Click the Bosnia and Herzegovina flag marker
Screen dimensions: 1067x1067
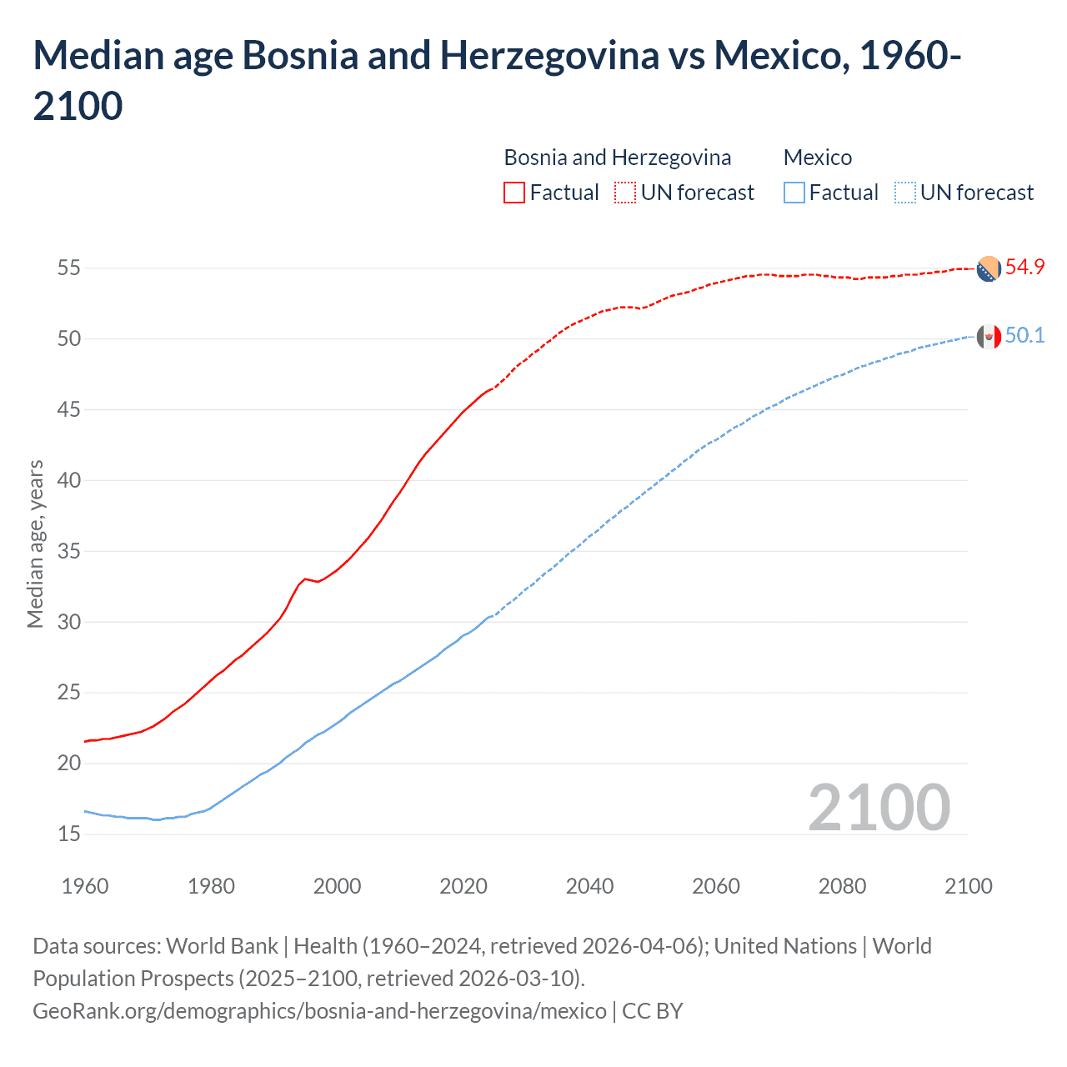click(x=988, y=268)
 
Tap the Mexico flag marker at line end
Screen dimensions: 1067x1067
click(x=988, y=337)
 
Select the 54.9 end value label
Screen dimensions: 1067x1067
click(x=1024, y=268)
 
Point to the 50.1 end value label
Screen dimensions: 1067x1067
click(x=1024, y=336)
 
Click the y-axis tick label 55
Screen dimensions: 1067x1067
click(x=68, y=268)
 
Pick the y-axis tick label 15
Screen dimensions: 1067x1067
click(x=68, y=834)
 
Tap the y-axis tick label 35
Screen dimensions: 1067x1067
click(x=68, y=551)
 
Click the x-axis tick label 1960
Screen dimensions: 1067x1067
click(x=85, y=886)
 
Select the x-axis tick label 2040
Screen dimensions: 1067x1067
click(x=589, y=886)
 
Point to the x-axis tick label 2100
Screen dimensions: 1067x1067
click(x=968, y=886)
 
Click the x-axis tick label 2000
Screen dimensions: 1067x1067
click(x=337, y=886)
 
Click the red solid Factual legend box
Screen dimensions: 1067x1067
click(x=514, y=193)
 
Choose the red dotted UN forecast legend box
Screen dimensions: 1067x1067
click(x=625, y=193)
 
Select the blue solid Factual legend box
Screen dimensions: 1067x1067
click(x=794, y=193)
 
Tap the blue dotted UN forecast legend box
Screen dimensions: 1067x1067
click(x=905, y=193)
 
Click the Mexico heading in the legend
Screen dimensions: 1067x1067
click(x=818, y=158)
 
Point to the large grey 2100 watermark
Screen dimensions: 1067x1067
click(x=879, y=808)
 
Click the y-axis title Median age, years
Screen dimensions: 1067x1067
click(x=35, y=544)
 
